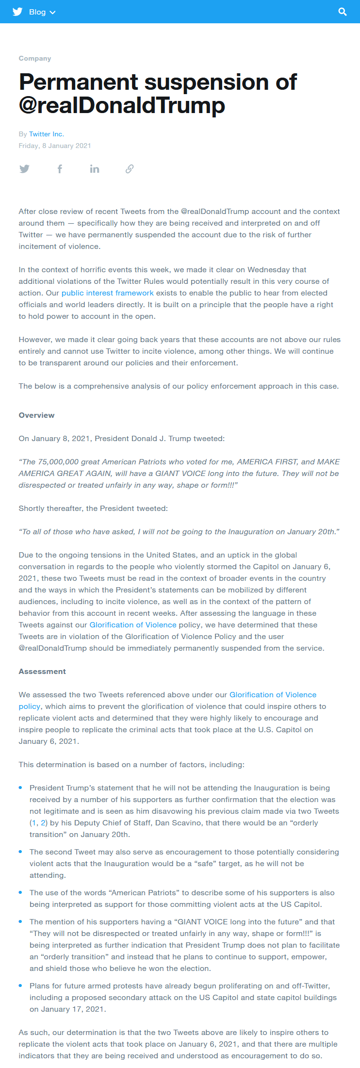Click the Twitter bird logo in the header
point(17,12)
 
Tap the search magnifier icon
point(343,12)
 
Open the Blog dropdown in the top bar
point(42,12)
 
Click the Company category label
point(35,58)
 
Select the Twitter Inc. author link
point(47,134)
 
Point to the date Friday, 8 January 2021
point(55,146)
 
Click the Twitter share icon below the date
point(24,169)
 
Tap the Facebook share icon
point(60,169)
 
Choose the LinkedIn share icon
point(95,169)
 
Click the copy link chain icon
point(130,169)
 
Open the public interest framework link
point(107,293)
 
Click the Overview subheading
point(36,415)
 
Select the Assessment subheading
point(42,672)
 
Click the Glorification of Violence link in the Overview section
point(133,625)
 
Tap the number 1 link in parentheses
point(33,823)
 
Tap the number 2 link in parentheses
point(43,823)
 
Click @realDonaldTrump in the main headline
point(122,105)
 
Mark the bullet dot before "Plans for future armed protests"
point(20,986)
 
